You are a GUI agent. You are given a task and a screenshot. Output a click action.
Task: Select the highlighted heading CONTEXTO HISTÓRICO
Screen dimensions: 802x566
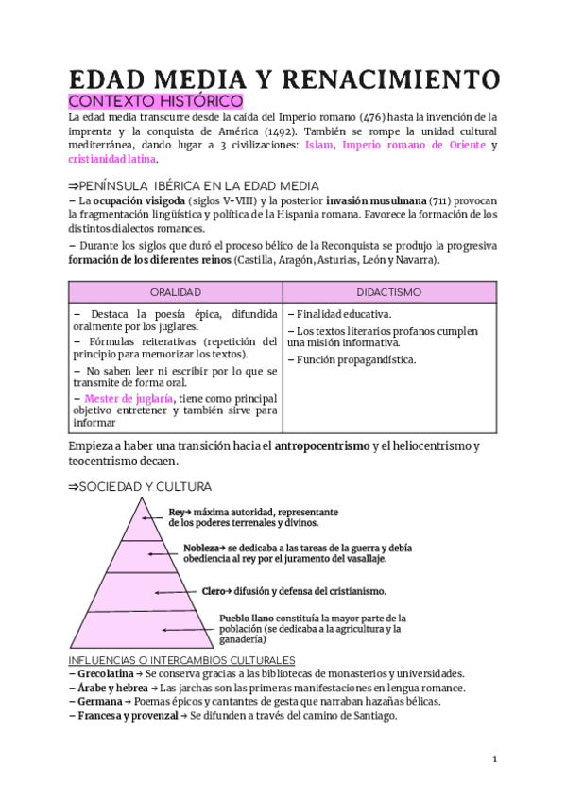[156, 100]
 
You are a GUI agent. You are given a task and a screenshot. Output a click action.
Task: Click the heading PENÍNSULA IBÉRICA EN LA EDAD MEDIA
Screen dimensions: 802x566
[200, 186]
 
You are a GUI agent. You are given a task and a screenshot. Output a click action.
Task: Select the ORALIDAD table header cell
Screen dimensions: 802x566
[176, 292]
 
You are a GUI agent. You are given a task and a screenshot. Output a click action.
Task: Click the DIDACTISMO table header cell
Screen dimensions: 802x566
[388, 292]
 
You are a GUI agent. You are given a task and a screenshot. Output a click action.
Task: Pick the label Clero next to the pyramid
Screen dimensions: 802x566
[214, 591]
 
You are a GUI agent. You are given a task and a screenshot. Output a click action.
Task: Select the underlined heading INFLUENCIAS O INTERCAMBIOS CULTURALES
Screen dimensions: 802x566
[182, 659]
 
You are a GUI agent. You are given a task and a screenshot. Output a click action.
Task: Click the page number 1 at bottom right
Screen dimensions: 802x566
[494, 759]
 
